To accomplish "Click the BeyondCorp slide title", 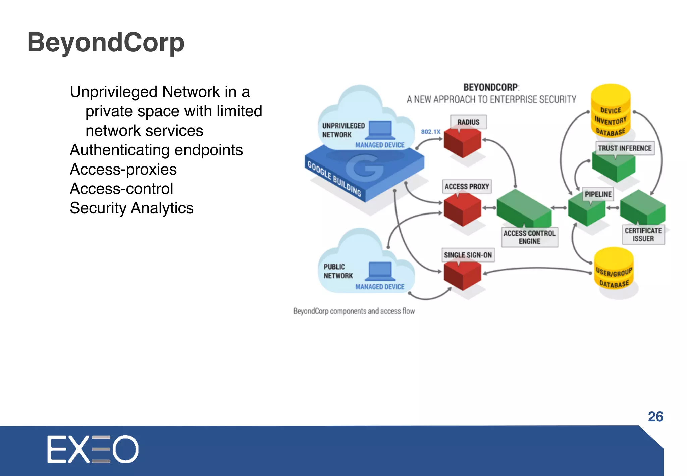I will coord(106,43).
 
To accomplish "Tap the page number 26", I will coord(655,417).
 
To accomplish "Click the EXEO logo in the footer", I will coord(93,449).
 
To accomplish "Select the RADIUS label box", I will coord(468,122).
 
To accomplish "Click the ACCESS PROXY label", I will coord(467,186).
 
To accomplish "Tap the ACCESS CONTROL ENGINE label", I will coord(529,237).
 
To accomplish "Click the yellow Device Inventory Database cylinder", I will coord(611,111).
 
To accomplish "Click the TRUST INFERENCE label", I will coord(624,148).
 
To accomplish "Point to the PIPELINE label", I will coord(598,194).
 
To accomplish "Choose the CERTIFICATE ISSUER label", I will coord(643,234).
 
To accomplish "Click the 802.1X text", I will coord(430,132).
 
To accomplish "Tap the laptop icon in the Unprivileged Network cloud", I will coord(380,130).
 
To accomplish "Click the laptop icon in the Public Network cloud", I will coord(380,271).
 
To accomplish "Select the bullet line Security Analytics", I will coord(131,208).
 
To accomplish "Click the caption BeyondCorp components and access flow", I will coord(354,311).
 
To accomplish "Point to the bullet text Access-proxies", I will coord(123,169).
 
